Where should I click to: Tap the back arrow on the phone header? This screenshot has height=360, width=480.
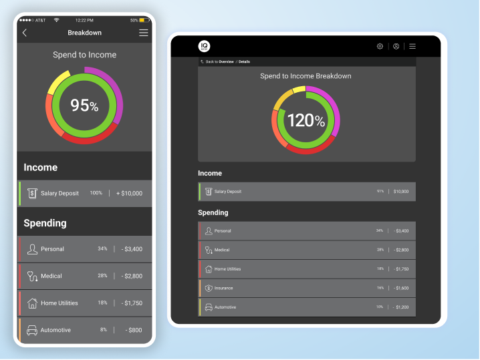(x=25, y=33)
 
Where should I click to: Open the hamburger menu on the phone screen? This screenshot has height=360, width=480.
(x=144, y=33)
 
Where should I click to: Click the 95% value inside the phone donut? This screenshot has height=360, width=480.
(x=84, y=105)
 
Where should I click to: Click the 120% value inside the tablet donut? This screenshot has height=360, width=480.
(x=306, y=120)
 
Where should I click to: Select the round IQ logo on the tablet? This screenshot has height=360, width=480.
(x=204, y=46)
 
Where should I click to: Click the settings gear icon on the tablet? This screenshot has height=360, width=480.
(x=380, y=46)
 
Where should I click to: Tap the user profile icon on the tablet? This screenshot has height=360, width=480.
(x=396, y=46)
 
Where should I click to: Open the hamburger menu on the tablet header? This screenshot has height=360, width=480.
(x=412, y=46)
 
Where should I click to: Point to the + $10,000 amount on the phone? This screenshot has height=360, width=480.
(x=128, y=193)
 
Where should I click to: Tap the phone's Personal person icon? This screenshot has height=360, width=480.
(x=32, y=249)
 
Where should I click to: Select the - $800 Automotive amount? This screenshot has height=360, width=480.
(x=134, y=330)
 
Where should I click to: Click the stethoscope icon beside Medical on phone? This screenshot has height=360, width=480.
(x=32, y=276)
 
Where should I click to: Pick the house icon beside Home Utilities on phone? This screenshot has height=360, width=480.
(x=32, y=303)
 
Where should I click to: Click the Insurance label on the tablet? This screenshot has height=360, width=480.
(x=224, y=288)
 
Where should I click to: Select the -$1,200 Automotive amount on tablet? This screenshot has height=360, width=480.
(x=401, y=307)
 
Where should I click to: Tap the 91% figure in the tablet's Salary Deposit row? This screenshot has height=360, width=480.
(x=380, y=191)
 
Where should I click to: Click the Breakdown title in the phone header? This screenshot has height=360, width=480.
(x=84, y=33)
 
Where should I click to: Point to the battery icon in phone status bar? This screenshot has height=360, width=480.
(x=144, y=20)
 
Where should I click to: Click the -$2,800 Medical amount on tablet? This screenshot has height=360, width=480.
(x=401, y=250)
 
